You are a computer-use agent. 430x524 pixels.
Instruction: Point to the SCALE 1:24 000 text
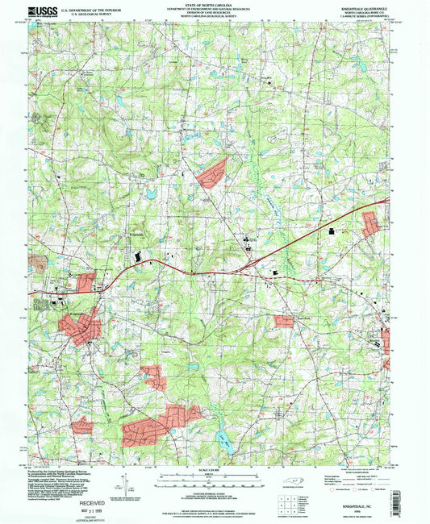click(215, 470)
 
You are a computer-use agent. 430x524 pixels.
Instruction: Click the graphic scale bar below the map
click(215, 478)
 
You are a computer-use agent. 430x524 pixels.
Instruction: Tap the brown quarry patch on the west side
click(38, 263)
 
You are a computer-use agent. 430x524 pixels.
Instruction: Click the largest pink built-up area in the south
click(161, 425)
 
